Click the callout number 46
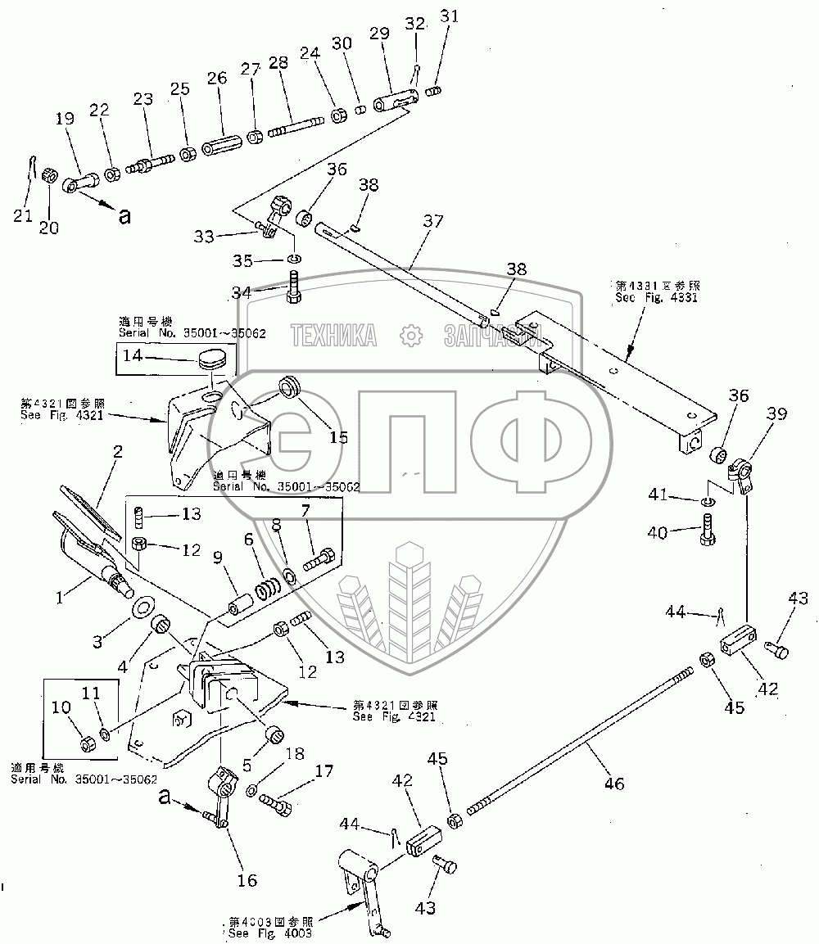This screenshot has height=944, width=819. (613, 784)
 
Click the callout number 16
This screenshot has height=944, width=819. (247, 880)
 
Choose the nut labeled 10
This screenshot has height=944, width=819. (88, 743)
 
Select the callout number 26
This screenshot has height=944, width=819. (217, 79)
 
